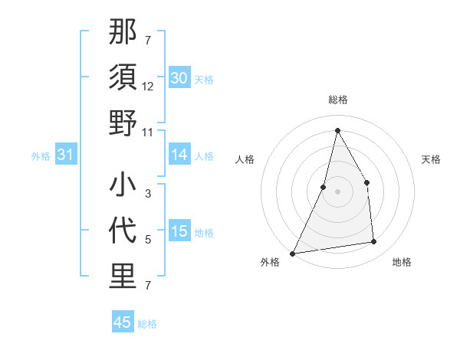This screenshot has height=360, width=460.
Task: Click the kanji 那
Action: [x=123, y=34]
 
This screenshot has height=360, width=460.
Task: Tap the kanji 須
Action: [x=123, y=78]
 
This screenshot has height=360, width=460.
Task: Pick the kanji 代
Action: [x=123, y=232]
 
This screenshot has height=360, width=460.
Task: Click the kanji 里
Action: [x=123, y=277]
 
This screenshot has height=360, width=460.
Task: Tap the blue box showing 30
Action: [x=179, y=78]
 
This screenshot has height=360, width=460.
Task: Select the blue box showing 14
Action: [x=179, y=155]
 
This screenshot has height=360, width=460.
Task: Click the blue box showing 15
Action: [x=179, y=232]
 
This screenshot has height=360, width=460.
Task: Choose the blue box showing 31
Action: [x=66, y=155]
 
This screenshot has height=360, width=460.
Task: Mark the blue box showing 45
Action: [x=123, y=322]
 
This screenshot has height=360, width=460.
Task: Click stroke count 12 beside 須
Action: [x=148, y=87]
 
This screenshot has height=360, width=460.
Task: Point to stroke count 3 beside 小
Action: [x=148, y=195]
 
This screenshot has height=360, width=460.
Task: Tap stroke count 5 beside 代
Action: [x=148, y=240]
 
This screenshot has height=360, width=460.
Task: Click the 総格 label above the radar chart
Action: [x=337, y=100]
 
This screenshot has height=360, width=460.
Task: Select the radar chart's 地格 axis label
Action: [x=402, y=262]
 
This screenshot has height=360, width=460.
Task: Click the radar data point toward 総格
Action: [x=337, y=129]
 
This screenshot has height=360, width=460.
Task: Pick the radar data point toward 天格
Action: [x=366, y=182]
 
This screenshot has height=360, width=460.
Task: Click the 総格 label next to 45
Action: [x=147, y=323]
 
